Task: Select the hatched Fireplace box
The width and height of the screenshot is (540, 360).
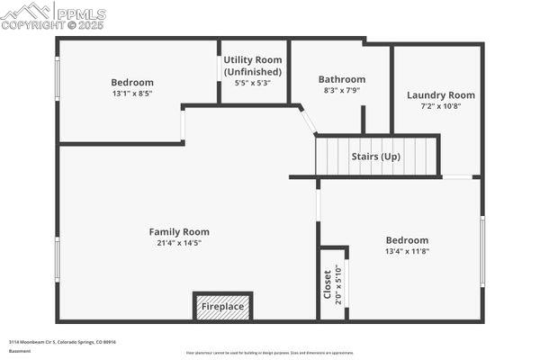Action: [222, 306]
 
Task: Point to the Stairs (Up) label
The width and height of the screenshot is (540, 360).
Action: [375, 157]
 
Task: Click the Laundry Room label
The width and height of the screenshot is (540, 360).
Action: [440, 94]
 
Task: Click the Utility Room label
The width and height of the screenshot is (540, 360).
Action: [253, 59]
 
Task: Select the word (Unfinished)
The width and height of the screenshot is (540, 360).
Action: [253, 71]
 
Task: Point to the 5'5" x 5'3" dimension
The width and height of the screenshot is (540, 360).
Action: [253, 83]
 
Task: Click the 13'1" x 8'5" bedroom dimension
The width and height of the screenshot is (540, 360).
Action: [132, 93]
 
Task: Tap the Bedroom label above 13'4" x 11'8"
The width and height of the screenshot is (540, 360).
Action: [407, 240]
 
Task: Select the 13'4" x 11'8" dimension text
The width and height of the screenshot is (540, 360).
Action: [407, 251]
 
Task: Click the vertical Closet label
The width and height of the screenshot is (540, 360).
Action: [328, 284]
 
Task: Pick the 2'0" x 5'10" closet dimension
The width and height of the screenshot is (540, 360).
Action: [338, 284]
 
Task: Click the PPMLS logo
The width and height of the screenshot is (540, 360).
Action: [54, 12]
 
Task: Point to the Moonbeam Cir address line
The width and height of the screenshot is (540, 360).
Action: [63, 342]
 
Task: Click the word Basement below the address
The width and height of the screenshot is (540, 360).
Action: [18, 352]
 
